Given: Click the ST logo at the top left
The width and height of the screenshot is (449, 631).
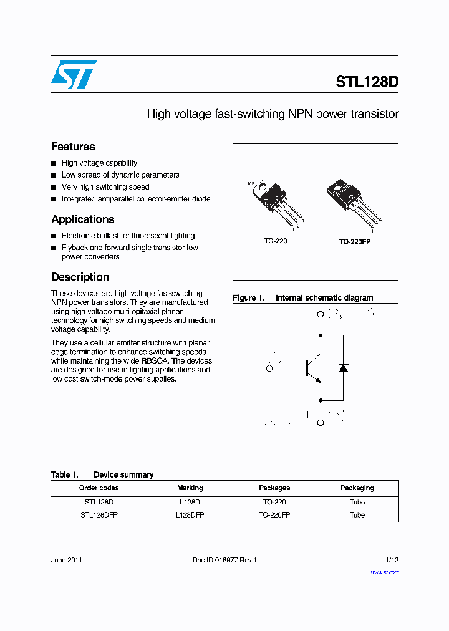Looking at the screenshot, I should click(x=74, y=74).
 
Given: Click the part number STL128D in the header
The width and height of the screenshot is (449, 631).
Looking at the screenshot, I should click(x=367, y=82).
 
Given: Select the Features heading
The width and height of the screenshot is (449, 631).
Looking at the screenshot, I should click(x=73, y=147).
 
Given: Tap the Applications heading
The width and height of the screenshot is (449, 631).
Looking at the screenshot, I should click(x=82, y=219).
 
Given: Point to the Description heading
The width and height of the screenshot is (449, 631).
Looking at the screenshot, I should click(x=80, y=277).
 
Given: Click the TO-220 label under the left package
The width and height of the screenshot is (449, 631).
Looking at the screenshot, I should click(x=275, y=241).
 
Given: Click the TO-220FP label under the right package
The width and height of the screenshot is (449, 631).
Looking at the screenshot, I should click(x=354, y=241).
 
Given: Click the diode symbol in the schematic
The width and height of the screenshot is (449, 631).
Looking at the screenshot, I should click(x=343, y=368).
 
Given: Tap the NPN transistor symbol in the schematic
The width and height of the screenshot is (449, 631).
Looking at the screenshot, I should click(x=312, y=368).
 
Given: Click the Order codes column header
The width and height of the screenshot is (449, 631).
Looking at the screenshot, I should click(x=99, y=488).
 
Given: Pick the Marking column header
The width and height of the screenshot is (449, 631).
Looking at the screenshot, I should click(x=190, y=488).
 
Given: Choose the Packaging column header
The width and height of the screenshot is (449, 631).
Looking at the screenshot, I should click(x=357, y=488).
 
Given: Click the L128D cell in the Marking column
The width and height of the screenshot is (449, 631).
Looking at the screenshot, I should click(x=190, y=502).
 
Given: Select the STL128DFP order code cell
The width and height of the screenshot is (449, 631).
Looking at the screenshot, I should click(x=99, y=515).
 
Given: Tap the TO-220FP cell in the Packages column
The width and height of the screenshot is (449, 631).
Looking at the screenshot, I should click(x=274, y=515).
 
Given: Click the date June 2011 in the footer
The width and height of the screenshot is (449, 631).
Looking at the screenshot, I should click(x=66, y=560).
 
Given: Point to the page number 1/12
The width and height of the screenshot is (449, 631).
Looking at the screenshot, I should click(x=390, y=560).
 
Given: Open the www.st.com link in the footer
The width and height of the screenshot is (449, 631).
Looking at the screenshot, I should click(x=385, y=572).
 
